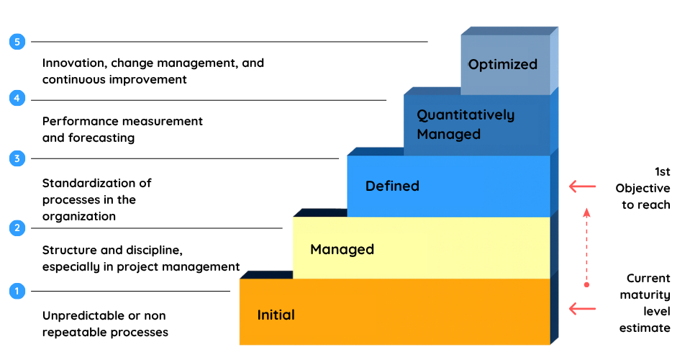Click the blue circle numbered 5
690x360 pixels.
(x=17, y=42)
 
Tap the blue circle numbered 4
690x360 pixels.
(x=17, y=98)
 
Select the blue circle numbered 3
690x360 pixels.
(x=17, y=158)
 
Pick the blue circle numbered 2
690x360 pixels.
(x=17, y=228)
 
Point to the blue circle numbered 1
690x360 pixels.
(x=17, y=291)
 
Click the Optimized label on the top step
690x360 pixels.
(x=502, y=65)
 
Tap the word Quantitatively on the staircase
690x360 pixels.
(x=466, y=115)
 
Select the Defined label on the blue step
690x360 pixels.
(x=392, y=186)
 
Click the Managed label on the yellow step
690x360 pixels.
(x=342, y=250)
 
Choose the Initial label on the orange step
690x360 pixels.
(x=276, y=315)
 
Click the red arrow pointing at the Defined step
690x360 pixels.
(x=582, y=186)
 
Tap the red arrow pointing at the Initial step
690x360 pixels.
(x=582, y=308)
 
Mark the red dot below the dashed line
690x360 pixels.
(x=586, y=284)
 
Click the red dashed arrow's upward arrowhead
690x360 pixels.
(x=586, y=212)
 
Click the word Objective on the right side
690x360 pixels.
(x=643, y=189)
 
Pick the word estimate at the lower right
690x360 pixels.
(x=645, y=328)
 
